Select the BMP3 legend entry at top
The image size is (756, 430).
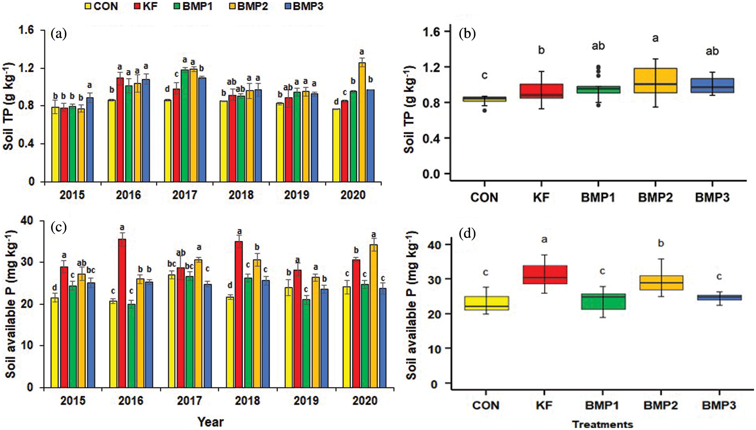coord(304,6)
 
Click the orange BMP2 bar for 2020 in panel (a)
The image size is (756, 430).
coord(362,122)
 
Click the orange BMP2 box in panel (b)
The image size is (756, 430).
coord(655,81)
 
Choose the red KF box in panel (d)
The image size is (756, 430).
coord(545,275)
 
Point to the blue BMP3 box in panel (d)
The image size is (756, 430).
coord(719,297)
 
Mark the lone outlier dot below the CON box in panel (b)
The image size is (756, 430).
coord(484,110)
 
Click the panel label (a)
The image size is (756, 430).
coord(59,34)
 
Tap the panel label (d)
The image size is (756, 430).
coord(467,234)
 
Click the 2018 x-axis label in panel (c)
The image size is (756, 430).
coord(247,401)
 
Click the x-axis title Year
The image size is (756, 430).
coord(210,422)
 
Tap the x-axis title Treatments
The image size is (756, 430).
coord(602,424)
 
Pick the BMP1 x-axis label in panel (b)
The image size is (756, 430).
coord(598,197)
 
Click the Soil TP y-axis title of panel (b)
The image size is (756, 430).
coord(409,109)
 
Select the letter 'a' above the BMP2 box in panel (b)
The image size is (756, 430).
coord(655,39)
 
